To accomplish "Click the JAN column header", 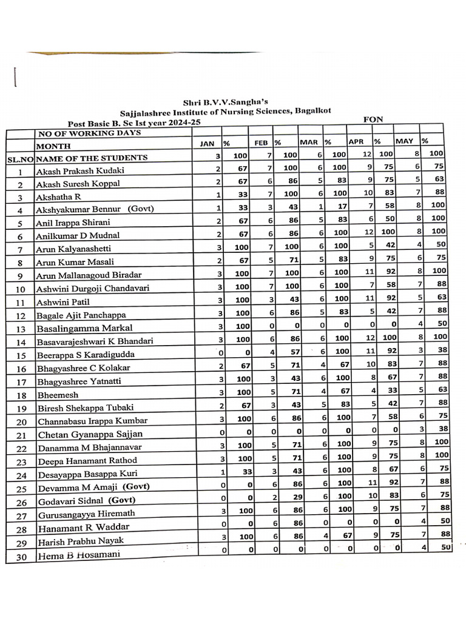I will [208, 143].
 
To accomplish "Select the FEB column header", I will [261, 143].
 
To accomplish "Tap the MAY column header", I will [404, 141].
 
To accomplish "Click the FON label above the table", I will [373, 119].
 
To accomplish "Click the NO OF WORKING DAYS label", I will [89, 133].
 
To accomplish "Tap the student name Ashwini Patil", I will [62, 302].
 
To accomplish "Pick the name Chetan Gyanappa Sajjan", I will [90, 434].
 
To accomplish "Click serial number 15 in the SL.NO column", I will [21, 355].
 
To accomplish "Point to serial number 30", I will [21, 556].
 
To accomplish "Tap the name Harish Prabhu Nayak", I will [82, 541].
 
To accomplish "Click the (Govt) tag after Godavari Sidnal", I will [122, 500].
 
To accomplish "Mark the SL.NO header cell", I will [20, 159].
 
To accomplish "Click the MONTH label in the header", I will [53, 146].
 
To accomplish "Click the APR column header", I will [356, 142].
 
